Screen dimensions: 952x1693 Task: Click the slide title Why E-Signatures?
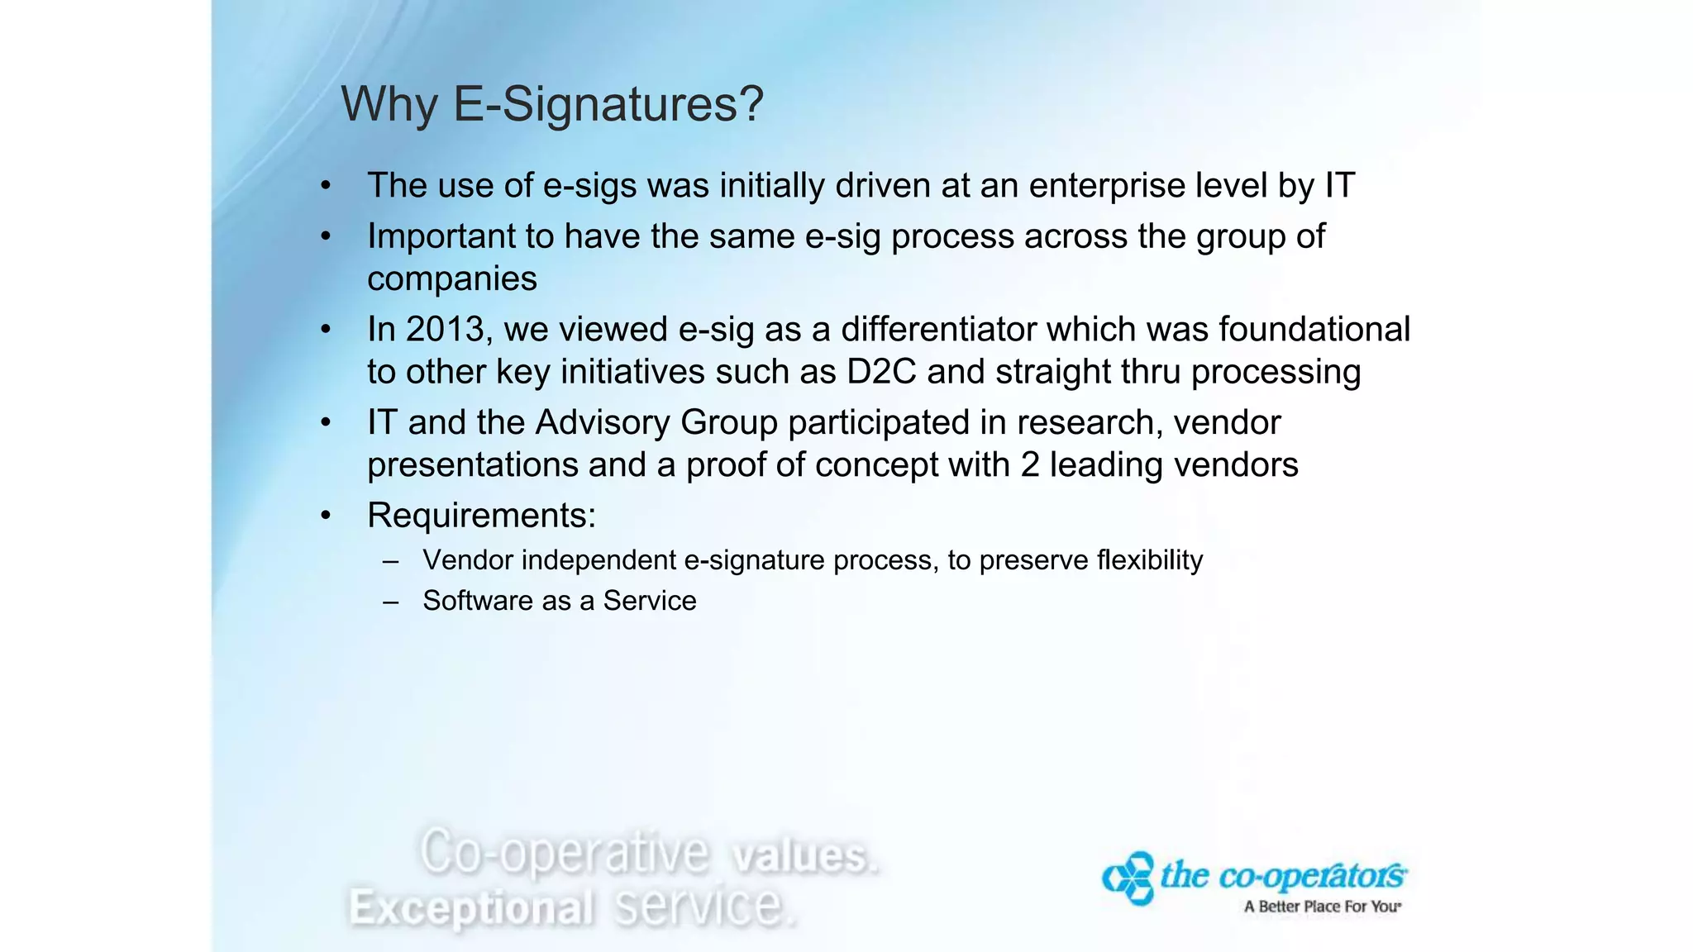552,105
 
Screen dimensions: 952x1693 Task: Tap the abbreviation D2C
881,372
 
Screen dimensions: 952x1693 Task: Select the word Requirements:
481,516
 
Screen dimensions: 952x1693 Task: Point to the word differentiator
938,330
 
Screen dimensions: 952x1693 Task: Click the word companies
451,279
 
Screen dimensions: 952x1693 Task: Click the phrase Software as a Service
560,601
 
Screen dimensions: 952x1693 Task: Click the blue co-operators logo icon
1128,878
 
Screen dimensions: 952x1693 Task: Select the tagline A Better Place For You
1321,907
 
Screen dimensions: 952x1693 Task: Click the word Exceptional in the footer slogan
471,908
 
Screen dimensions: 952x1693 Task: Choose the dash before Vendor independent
391,561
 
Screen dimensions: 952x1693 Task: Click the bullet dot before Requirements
326,516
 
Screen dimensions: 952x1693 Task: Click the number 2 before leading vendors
1029,465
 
